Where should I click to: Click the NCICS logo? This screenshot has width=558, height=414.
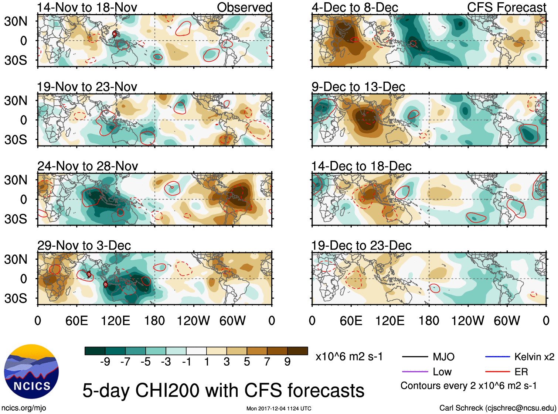(31, 372)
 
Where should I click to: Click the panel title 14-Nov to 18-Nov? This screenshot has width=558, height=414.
(87, 7)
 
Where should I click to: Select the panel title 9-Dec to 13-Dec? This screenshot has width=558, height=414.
(358, 87)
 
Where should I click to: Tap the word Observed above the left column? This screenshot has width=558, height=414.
(244, 7)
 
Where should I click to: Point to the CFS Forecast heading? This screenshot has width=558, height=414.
(506, 7)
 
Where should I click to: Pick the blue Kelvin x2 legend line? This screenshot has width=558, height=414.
(497, 357)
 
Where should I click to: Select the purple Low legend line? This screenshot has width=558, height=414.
(415, 372)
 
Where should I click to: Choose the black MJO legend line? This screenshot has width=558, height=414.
(415, 357)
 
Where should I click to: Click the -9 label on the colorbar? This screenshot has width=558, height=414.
(105, 362)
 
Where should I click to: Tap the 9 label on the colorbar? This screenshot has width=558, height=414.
(287, 362)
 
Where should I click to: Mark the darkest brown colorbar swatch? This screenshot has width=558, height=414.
(297, 351)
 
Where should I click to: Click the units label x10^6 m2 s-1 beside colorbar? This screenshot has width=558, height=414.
(349, 357)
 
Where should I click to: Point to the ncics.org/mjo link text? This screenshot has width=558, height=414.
(24, 408)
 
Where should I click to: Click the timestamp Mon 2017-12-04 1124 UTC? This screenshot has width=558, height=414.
(279, 408)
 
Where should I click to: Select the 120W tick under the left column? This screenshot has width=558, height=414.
(193, 321)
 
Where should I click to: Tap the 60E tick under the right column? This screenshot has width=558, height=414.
(351, 321)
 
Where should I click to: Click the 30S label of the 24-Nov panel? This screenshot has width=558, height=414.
(16, 219)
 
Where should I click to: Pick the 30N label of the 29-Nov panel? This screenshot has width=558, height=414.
(16, 259)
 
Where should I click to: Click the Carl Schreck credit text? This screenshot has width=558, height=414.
(497, 408)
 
